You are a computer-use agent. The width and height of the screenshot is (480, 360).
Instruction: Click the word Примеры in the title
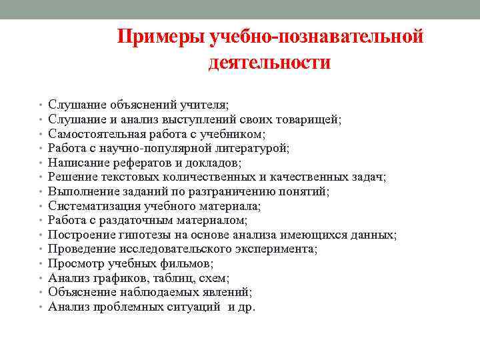[x=161, y=37]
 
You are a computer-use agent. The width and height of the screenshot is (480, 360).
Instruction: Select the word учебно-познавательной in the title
[x=317, y=37]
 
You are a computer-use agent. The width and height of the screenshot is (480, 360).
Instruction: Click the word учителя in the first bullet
[x=203, y=105]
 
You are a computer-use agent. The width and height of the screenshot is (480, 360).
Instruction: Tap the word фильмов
[x=189, y=263]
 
